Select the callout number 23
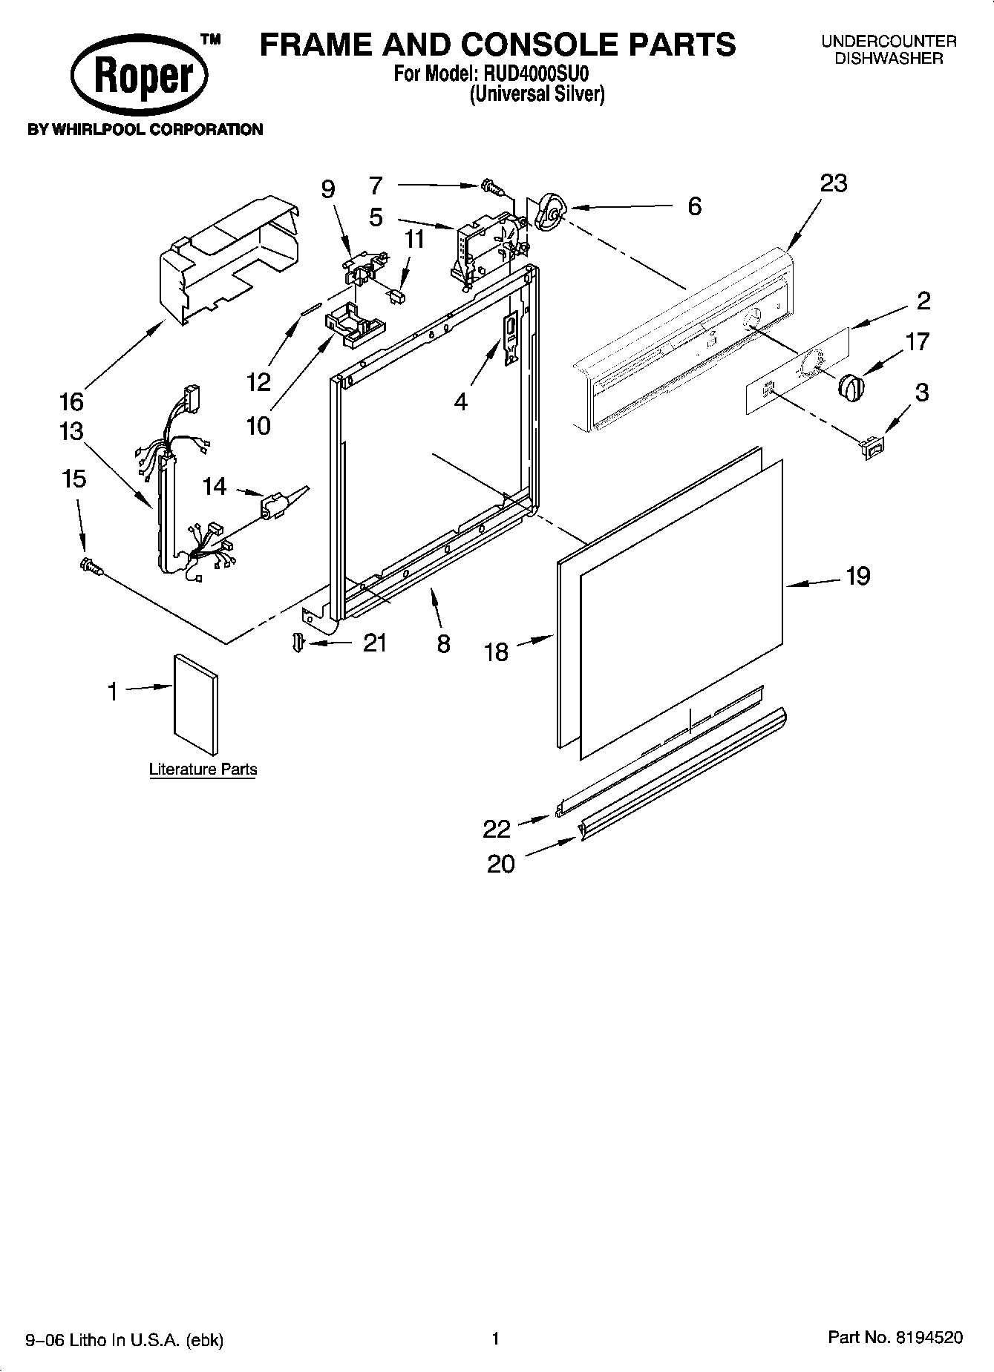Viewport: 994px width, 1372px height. click(x=833, y=183)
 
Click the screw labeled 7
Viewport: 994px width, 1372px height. click(x=490, y=186)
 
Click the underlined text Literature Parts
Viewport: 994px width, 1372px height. click(x=203, y=769)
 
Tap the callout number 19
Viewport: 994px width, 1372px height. click(x=857, y=576)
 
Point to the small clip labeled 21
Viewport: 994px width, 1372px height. click(x=298, y=643)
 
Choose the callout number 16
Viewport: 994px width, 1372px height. click(x=71, y=402)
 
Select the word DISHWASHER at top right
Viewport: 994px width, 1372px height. click(x=889, y=59)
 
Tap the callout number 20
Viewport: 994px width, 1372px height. click(x=500, y=864)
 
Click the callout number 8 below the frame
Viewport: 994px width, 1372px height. click(x=443, y=643)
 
